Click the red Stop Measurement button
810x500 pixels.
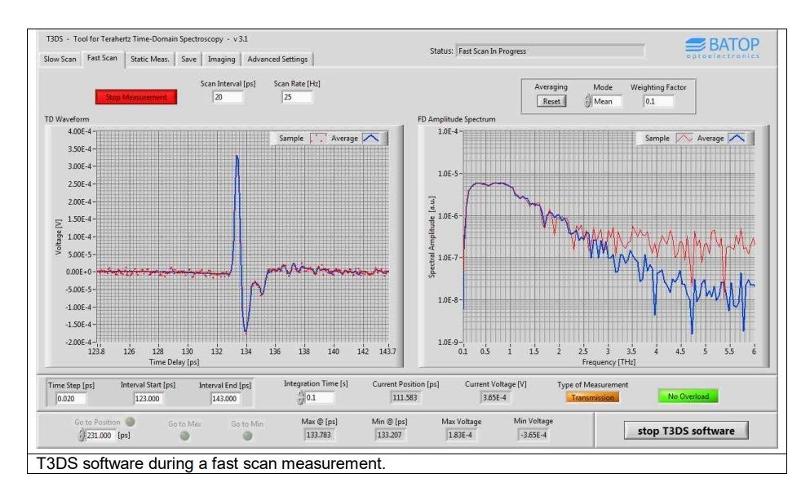point(136,97)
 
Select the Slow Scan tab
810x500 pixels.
point(60,59)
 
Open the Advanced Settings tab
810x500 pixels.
point(277,59)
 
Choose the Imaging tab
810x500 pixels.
point(221,59)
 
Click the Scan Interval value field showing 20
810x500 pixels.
point(228,97)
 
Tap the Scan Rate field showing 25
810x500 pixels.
point(297,97)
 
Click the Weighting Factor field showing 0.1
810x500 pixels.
point(658,101)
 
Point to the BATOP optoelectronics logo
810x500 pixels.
point(723,47)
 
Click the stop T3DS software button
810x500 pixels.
point(686,431)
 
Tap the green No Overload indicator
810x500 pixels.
point(688,396)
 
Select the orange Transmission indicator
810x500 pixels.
point(592,397)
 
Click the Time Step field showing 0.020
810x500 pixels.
point(71,398)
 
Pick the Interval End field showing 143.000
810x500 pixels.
point(226,398)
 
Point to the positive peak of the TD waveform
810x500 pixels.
point(237,156)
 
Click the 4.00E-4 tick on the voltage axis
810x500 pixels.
point(80,131)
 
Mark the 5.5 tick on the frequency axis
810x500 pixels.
point(729,352)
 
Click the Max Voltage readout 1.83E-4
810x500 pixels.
point(460,435)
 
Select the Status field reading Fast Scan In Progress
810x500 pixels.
point(550,51)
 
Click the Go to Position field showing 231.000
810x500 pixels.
point(100,436)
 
